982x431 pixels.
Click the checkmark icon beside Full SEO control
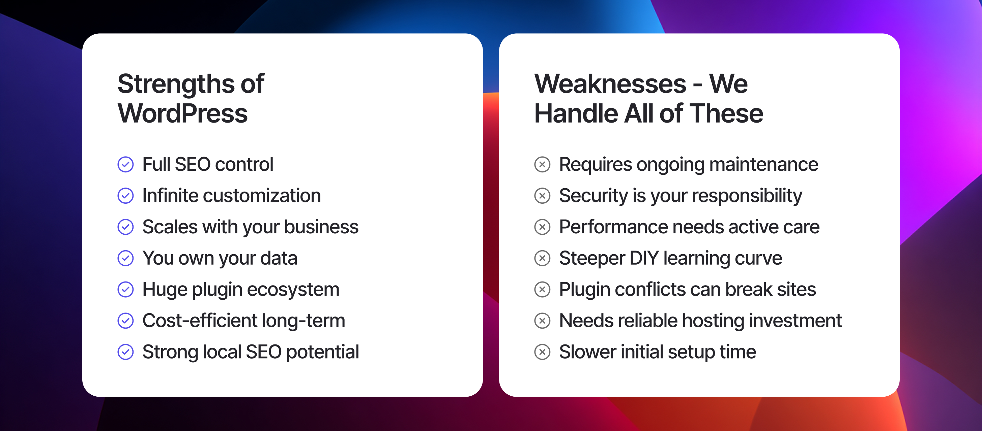tap(125, 164)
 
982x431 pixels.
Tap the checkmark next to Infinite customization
tap(125, 196)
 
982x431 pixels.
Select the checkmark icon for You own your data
tap(125, 258)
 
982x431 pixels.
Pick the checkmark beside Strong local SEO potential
tap(125, 352)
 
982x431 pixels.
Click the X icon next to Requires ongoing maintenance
tap(542, 164)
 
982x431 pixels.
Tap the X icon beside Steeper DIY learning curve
tap(542, 258)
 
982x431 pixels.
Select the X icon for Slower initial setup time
tap(542, 352)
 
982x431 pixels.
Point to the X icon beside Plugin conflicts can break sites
tap(542, 289)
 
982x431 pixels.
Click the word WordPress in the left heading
tap(182, 113)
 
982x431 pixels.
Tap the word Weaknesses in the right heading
tap(610, 84)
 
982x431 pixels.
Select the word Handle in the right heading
tap(576, 113)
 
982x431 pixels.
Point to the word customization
tap(262, 196)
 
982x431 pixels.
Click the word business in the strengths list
tap(321, 227)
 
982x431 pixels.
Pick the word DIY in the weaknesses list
tap(644, 258)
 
